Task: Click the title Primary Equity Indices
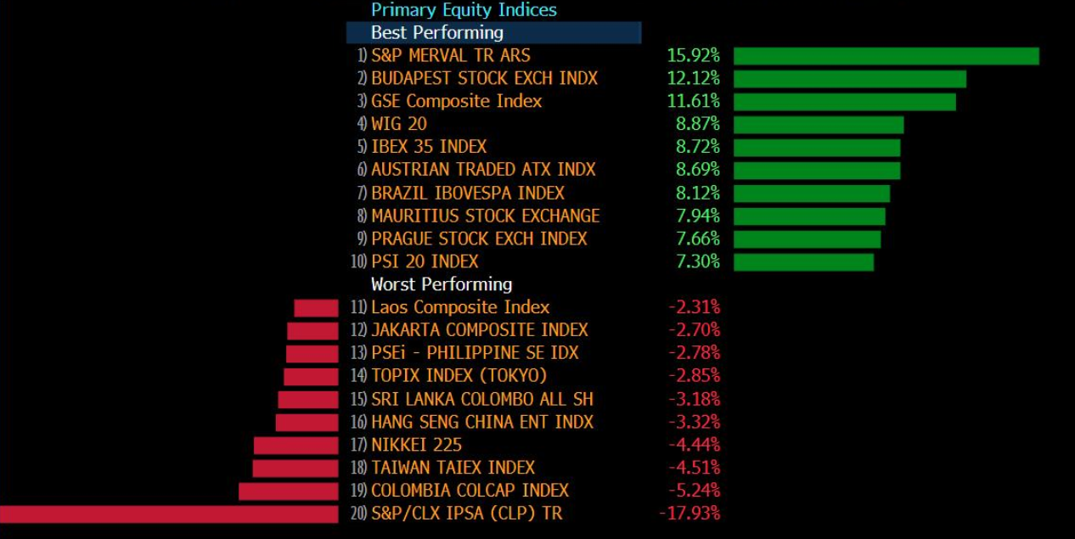464,10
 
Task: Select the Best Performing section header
437,33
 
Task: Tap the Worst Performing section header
442,284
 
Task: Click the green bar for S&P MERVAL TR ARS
886,56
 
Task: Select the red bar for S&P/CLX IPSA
169,514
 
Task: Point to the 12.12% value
693,79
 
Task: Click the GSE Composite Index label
456,102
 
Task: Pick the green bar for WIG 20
818,125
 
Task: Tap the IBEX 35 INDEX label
429,148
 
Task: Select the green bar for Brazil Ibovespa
811,194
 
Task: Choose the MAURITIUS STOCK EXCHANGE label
485,216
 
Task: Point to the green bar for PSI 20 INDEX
803,262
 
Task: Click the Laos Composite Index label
460,307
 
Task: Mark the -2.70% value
694,330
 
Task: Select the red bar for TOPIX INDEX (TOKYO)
311,376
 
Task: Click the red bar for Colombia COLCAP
288,491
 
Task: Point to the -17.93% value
689,514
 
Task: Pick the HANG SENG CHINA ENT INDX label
482,422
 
